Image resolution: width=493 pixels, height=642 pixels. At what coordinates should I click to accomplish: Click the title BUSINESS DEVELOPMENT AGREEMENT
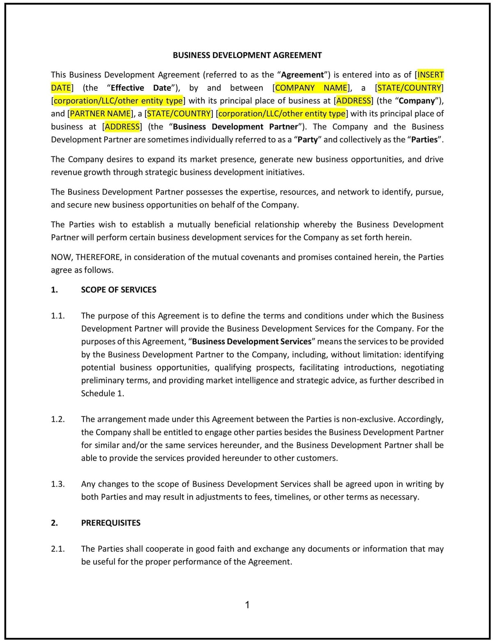(x=247, y=55)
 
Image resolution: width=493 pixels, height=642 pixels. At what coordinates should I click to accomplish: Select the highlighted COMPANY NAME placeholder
(x=311, y=88)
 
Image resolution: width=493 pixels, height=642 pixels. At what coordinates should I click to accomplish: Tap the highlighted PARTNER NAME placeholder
(x=100, y=114)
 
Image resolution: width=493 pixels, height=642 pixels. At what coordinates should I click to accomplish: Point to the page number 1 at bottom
(x=247, y=605)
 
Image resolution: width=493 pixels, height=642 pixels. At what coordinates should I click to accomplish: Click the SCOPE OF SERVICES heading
(x=118, y=290)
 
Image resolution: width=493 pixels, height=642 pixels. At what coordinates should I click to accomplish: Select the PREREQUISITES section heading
(x=111, y=523)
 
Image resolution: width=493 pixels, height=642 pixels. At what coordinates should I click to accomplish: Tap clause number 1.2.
(x=58, y=420)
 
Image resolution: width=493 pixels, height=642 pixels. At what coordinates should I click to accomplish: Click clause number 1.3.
(x=58, y=484)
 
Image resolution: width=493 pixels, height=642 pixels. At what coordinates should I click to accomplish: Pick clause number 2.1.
(x=58, y=549)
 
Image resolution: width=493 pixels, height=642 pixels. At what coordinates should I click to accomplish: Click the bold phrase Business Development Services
(x=251, y=342)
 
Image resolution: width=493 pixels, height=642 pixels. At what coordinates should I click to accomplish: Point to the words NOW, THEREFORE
(x=85, y=257)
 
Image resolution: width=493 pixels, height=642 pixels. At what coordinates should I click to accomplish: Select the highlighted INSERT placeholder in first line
(x=431, y=75)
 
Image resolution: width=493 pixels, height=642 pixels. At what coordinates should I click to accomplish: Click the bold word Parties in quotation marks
(x=424, y=140)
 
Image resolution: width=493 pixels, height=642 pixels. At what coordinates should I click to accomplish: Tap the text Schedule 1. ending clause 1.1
(x=102, y=394)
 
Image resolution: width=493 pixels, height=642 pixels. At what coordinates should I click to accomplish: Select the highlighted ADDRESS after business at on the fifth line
(x=122, y=127)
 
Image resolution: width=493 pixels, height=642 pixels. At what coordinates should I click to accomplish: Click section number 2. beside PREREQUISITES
(x=54, y=523)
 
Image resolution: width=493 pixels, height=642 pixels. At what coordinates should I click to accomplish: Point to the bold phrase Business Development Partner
(x=235, y=127)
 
